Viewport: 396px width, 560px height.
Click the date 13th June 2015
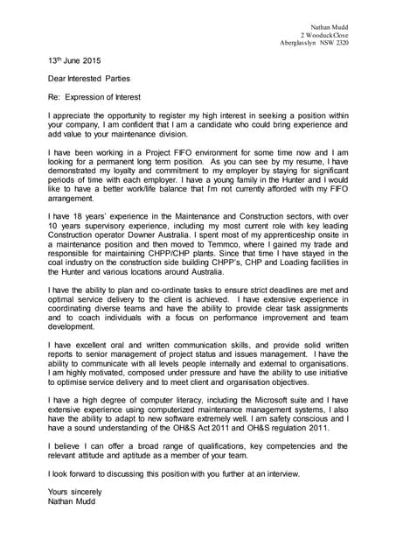(x=74, y=61)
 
